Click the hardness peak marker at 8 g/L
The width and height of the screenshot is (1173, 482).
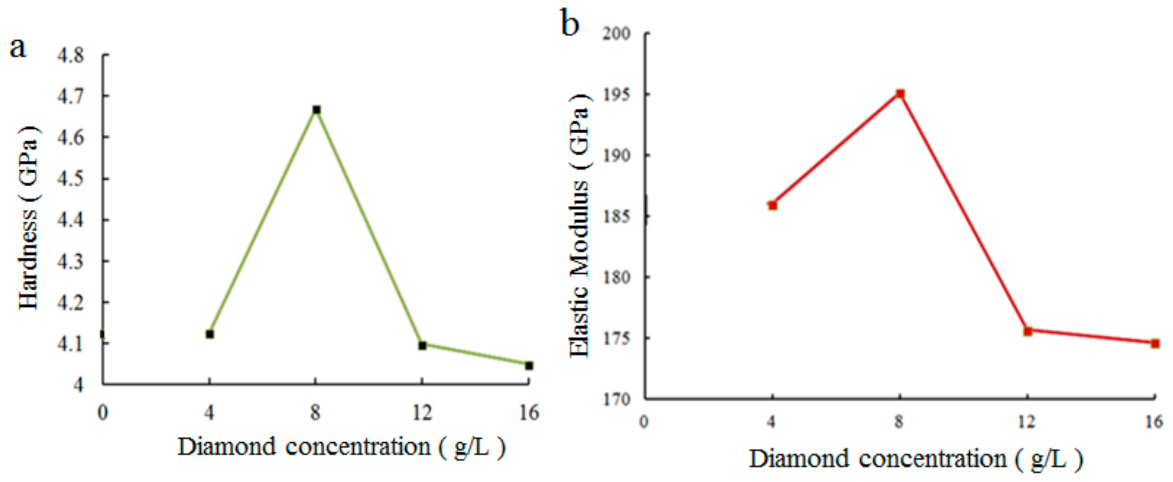[317, 110]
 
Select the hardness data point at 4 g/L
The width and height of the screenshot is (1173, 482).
[210, 335]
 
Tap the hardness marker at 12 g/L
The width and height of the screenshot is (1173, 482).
[422, 346]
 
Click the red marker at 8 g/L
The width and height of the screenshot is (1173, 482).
[900, 94]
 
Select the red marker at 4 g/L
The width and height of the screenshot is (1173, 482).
[773, 205]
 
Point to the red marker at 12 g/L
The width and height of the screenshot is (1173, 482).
[1028, 331]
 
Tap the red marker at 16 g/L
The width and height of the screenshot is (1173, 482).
[1155, 343]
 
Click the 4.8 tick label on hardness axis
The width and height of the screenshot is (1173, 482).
[71, 56]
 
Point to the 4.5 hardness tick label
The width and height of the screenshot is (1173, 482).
[71, 179]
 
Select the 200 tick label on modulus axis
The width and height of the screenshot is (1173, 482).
[616, 33]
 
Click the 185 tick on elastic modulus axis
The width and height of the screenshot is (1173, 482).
[616, 216]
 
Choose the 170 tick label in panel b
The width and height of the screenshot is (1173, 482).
[616, 399]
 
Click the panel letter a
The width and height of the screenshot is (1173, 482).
[18, 47]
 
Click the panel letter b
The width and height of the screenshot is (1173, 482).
[570, 24]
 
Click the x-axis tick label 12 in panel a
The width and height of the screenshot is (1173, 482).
[422, 413]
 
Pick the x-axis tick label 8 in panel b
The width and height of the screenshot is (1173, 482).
[899, 422]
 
